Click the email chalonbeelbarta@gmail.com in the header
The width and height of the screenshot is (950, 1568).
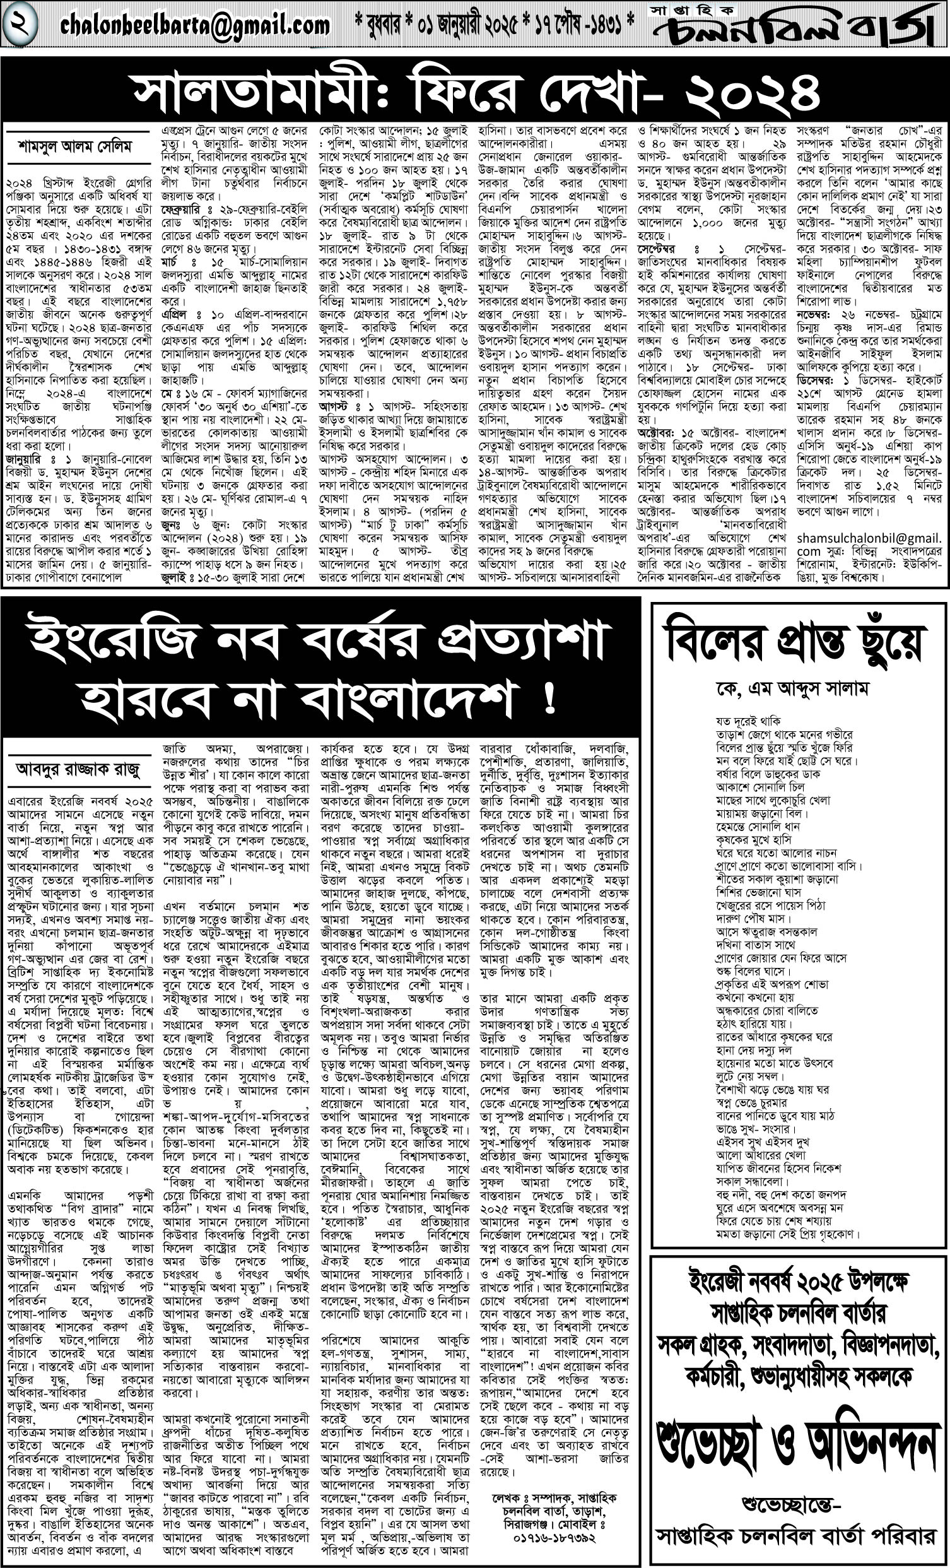click(196, 25)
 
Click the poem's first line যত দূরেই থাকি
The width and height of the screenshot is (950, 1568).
click(748, 721)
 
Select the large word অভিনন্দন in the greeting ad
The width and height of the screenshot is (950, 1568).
click(865, 1425)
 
